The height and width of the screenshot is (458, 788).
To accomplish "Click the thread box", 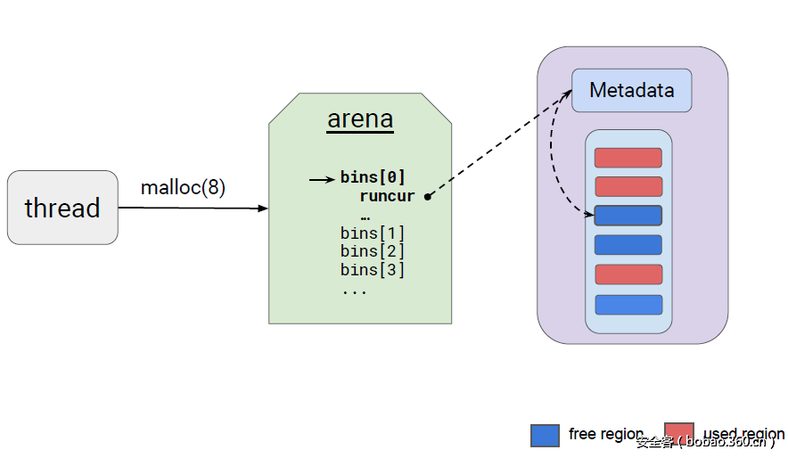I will (x=62, y=208).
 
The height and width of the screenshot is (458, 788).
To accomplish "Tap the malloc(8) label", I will (x=183, y=188).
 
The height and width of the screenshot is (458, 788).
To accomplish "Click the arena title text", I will (x=360, y=119).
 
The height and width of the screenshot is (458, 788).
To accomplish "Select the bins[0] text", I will (x=373, y=177).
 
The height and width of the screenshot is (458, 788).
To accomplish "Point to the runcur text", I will (x=388, y=196).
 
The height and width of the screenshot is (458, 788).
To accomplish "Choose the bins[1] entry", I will (x=373, y=233).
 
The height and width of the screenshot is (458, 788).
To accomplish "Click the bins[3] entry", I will (x=373, y=270).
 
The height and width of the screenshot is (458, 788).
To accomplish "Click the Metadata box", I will (x=631, y=91).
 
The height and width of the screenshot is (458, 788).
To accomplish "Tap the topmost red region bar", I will (x=628, y=158).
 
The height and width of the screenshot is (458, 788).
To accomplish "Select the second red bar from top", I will (x=628, y=186).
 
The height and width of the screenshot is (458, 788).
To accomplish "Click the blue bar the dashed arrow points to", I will (x=628, y=216).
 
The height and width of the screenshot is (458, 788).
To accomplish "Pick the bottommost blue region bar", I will (x=628, y=305).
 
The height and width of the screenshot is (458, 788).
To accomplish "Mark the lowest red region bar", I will (x=628, y=274).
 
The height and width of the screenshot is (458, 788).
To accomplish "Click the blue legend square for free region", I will (x=545, y=435).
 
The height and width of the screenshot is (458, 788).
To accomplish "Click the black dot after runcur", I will (x=428, y=197).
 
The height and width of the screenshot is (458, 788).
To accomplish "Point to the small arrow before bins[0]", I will (x=322, y=179).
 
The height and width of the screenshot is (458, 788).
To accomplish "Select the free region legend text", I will (x=605, y=434).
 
